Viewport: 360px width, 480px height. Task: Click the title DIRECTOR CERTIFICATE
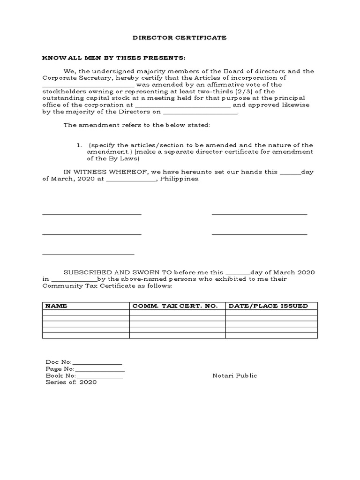coord(180,37)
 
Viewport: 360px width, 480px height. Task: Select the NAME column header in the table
coord(56,306)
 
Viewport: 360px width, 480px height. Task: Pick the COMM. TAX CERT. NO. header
coord(175,306)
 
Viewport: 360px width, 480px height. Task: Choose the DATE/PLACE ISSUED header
coord(268,306)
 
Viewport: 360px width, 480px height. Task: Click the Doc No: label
coord(59,362)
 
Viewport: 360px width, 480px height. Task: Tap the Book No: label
coord(60,375)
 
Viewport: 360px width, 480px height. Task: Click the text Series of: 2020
coord(71,382)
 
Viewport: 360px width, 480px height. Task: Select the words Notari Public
coord(234,375)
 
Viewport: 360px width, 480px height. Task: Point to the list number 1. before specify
coord(80,145)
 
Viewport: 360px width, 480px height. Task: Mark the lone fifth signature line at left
coord(88,254)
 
